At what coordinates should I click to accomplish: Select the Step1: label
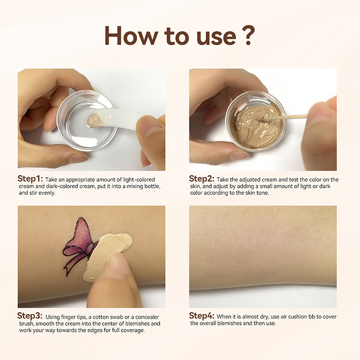30,179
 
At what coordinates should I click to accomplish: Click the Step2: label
202,179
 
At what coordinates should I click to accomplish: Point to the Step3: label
30,316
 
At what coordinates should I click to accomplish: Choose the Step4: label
202,316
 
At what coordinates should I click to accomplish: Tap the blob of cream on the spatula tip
93,119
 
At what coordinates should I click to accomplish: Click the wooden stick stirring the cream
285,117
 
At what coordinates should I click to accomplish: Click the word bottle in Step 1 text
152,186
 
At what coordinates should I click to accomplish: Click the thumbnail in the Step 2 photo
239,156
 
